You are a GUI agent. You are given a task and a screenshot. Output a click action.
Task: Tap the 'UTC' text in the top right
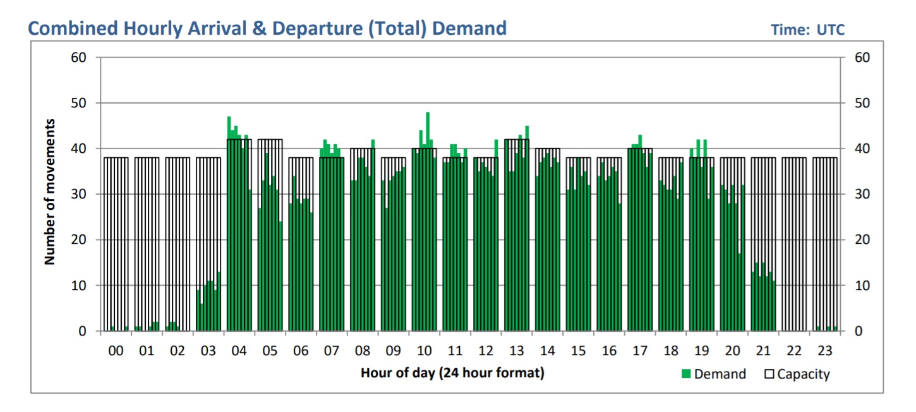(x=831, y=30)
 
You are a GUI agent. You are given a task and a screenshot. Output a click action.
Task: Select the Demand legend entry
(x=713, y=374)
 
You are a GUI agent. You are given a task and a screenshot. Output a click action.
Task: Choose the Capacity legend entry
(x=797, y=374)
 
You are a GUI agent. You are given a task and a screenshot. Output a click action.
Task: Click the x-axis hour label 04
(x=239, y=351)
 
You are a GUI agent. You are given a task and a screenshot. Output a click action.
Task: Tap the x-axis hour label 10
(x=424, y=351)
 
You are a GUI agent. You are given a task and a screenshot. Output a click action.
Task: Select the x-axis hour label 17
(x=640, y=351)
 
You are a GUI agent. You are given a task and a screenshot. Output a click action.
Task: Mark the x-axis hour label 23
(x=825, y=351)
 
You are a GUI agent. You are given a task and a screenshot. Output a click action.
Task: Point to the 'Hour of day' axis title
(x=452, y=373)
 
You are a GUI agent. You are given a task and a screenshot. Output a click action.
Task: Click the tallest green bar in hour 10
(x=428, y=221)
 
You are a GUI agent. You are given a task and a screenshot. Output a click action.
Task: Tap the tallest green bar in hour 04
(x=229, y=224)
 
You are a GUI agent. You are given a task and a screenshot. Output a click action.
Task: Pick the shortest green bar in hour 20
(x=739, y=292)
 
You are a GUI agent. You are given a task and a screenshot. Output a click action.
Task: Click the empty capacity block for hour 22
(x=794, y=243)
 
